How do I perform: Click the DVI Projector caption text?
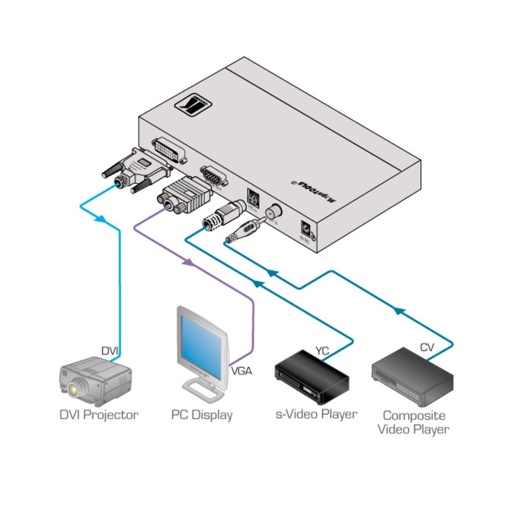pyautogui.click(x=99, y=414)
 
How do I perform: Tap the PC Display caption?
pyautogui.click(x=202, y=415)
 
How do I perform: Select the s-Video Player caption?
pyautogui.click(x=316, y=414)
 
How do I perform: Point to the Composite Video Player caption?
pyautogui.click(x=414, y=422)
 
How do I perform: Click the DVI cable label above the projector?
pyautogui.click(x=110, y=351)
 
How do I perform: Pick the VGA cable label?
pyautogui.click(x=241, y=371)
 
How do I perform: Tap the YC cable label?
pyautogui.click(x=322, y=351)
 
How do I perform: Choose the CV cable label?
pyautogui.click(x=427, y=348)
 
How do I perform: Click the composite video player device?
pyautogui.click(x=412, y=377)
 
